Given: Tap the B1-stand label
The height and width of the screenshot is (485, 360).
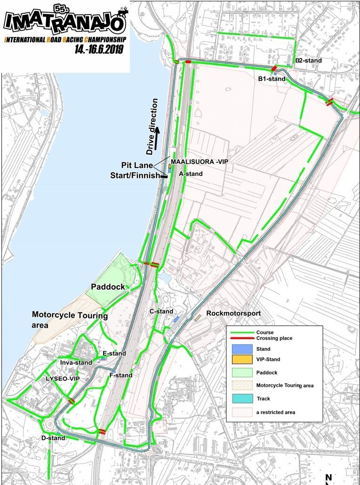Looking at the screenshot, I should [272, 79].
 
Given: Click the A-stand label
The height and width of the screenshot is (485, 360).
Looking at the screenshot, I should [191, 174].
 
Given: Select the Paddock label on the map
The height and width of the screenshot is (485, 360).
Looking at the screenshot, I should [108, 286].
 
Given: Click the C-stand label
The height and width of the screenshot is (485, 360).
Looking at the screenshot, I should [161, 311].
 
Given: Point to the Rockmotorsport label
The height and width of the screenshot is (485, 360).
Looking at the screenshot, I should [233, 313].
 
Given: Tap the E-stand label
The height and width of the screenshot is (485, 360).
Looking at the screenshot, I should [114, 353].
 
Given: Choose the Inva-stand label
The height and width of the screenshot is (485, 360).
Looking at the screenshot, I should [76, 363].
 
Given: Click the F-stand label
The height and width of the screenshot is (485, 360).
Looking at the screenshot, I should [120, 375].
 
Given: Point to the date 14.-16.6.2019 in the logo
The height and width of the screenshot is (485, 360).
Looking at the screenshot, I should [102, 49].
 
